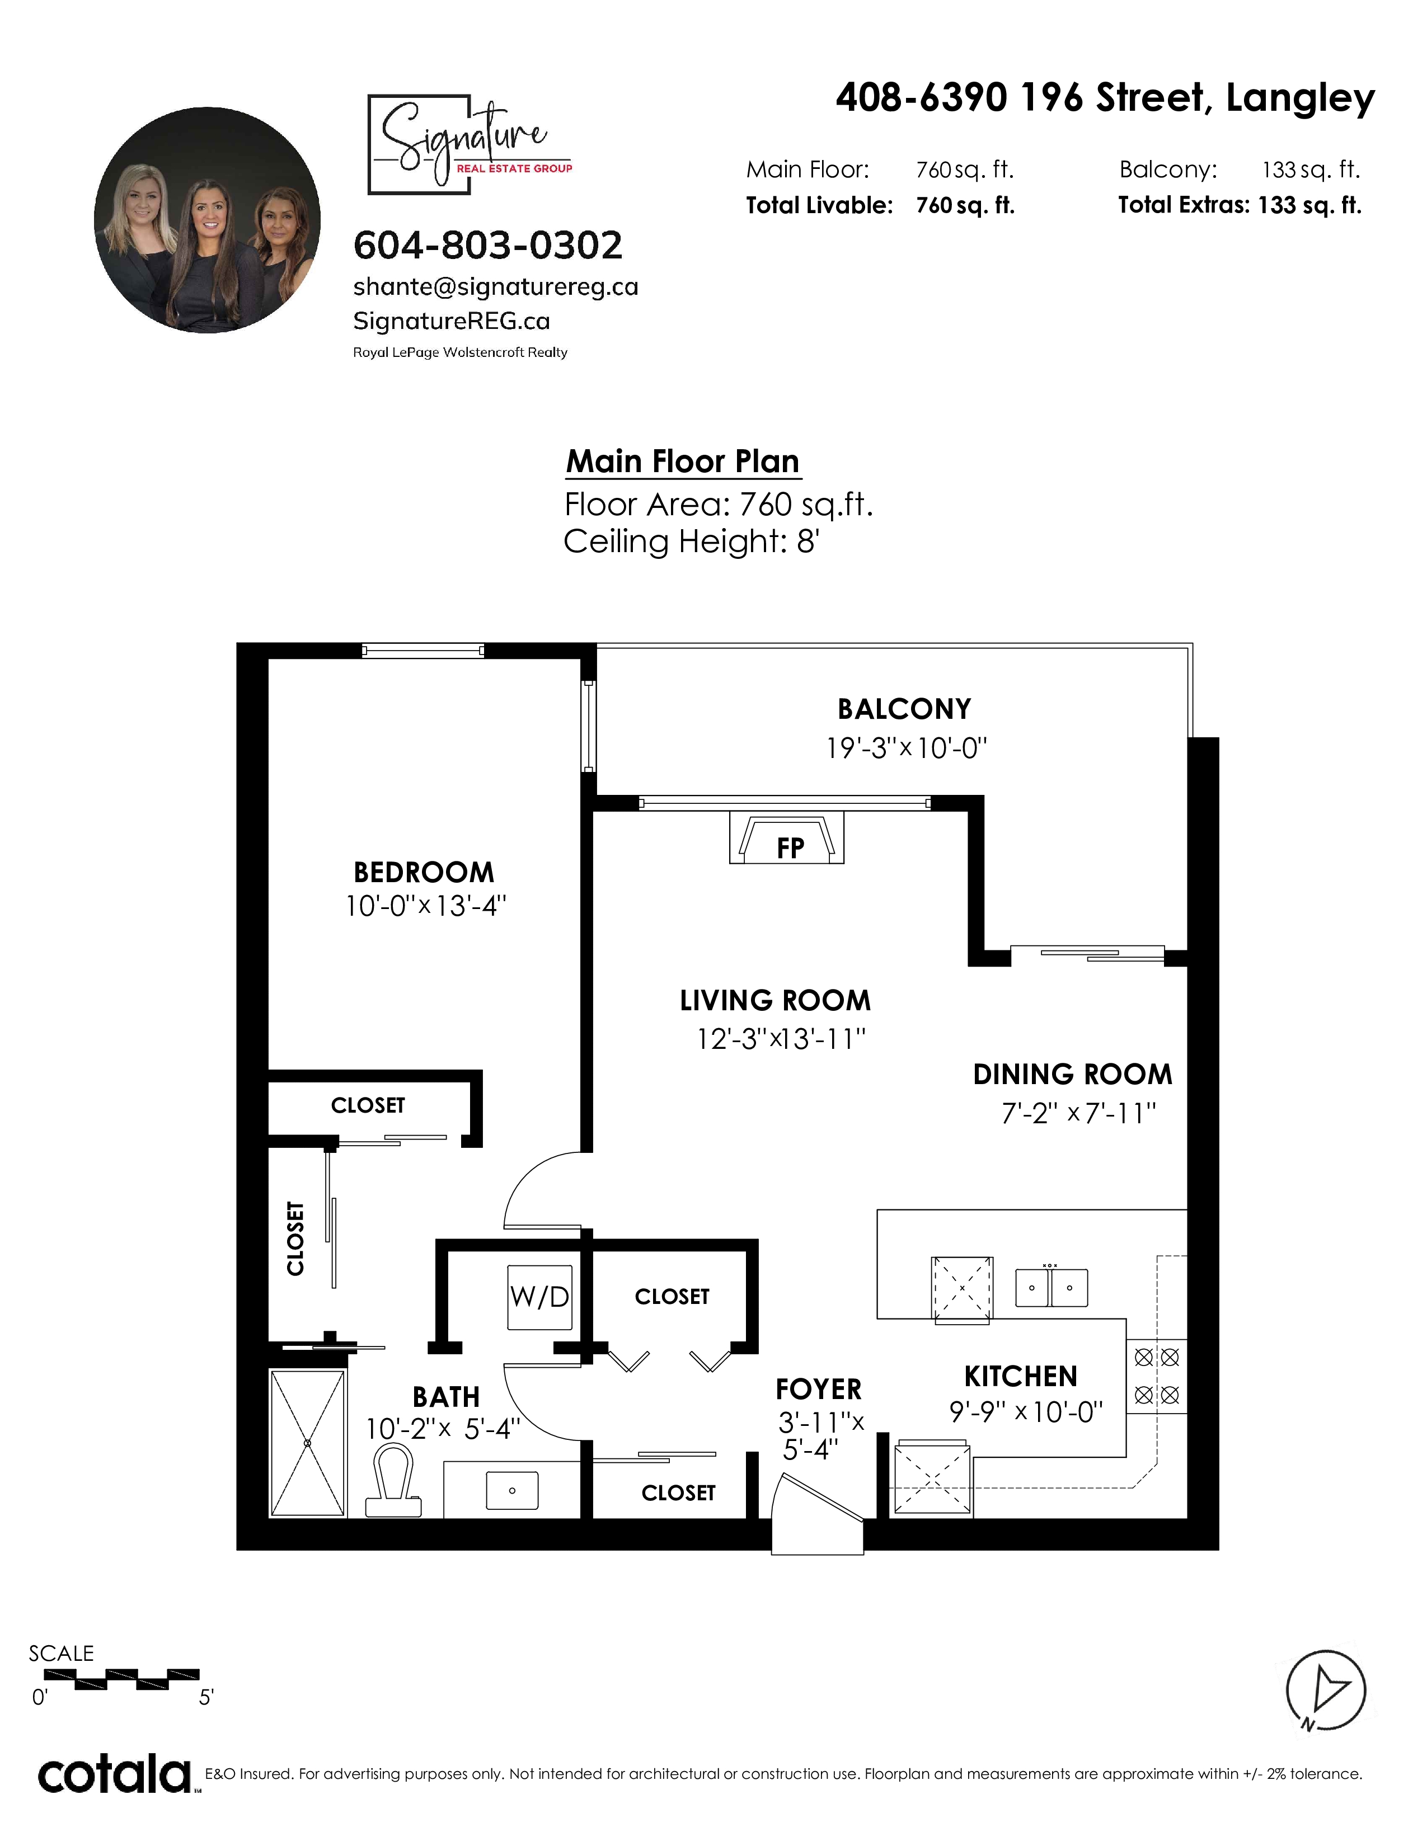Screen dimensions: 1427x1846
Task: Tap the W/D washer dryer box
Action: [539, 1297]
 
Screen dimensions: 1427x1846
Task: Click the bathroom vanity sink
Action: [512, 1490]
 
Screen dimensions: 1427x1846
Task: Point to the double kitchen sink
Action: [1051, 1287]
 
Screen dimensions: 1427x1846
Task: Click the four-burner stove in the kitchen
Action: [1157, 1376]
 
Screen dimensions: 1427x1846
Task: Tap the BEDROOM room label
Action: [424, 872]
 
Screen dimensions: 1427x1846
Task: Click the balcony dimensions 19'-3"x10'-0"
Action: [906, 748]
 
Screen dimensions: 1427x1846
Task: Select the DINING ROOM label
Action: [1073, 1074]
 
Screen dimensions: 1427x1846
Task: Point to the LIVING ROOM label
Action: [775, 1001]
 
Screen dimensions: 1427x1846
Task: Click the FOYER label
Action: [818, 1389]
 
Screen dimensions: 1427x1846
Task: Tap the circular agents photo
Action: [207, 220]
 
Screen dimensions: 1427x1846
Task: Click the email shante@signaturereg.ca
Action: [495, 288]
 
